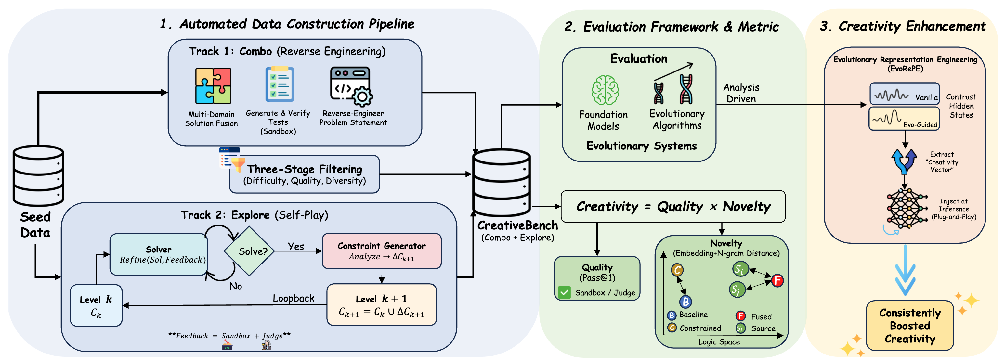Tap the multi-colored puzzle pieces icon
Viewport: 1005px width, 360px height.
(x=213, y=86)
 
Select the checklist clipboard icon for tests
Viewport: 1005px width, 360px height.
(x=279, y=84)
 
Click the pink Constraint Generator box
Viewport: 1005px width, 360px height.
(x=381, y=251)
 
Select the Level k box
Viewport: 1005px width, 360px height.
(x=96, y=305)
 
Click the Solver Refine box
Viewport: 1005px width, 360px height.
(x=158, y=255)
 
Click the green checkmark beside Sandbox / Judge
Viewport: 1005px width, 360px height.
(x=564, y=292)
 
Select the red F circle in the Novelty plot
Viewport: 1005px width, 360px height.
(x=777, y=280)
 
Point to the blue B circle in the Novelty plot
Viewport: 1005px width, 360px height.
(x=685, y=302)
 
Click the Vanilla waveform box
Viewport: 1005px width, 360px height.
(x=904, y=94)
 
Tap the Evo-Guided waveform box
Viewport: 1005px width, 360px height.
(x=904, y=119)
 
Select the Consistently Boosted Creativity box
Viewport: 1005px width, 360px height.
(x=909, y=326)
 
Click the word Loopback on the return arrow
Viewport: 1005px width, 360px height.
(x=294, y=298)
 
